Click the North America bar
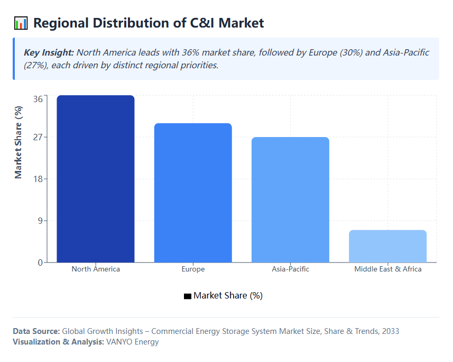(96, 179)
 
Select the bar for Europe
(193, 193)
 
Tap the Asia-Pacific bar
(290, 200)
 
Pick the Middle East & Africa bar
(387, 246)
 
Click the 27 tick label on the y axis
(38, 137)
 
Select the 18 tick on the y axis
(38, 179)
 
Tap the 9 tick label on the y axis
(40, 221)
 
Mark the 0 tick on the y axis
(40, 263)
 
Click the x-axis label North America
(96, 269)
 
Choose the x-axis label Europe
(193, 269)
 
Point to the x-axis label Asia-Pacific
(290, 269)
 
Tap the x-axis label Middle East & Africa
(387, 269)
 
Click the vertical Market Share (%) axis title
(19, 142)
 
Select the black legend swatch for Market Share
(187, 296)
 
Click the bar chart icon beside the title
(21, 23)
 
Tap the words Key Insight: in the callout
(49, 53)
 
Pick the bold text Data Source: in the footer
(36, 331)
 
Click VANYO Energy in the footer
(133, 342)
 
